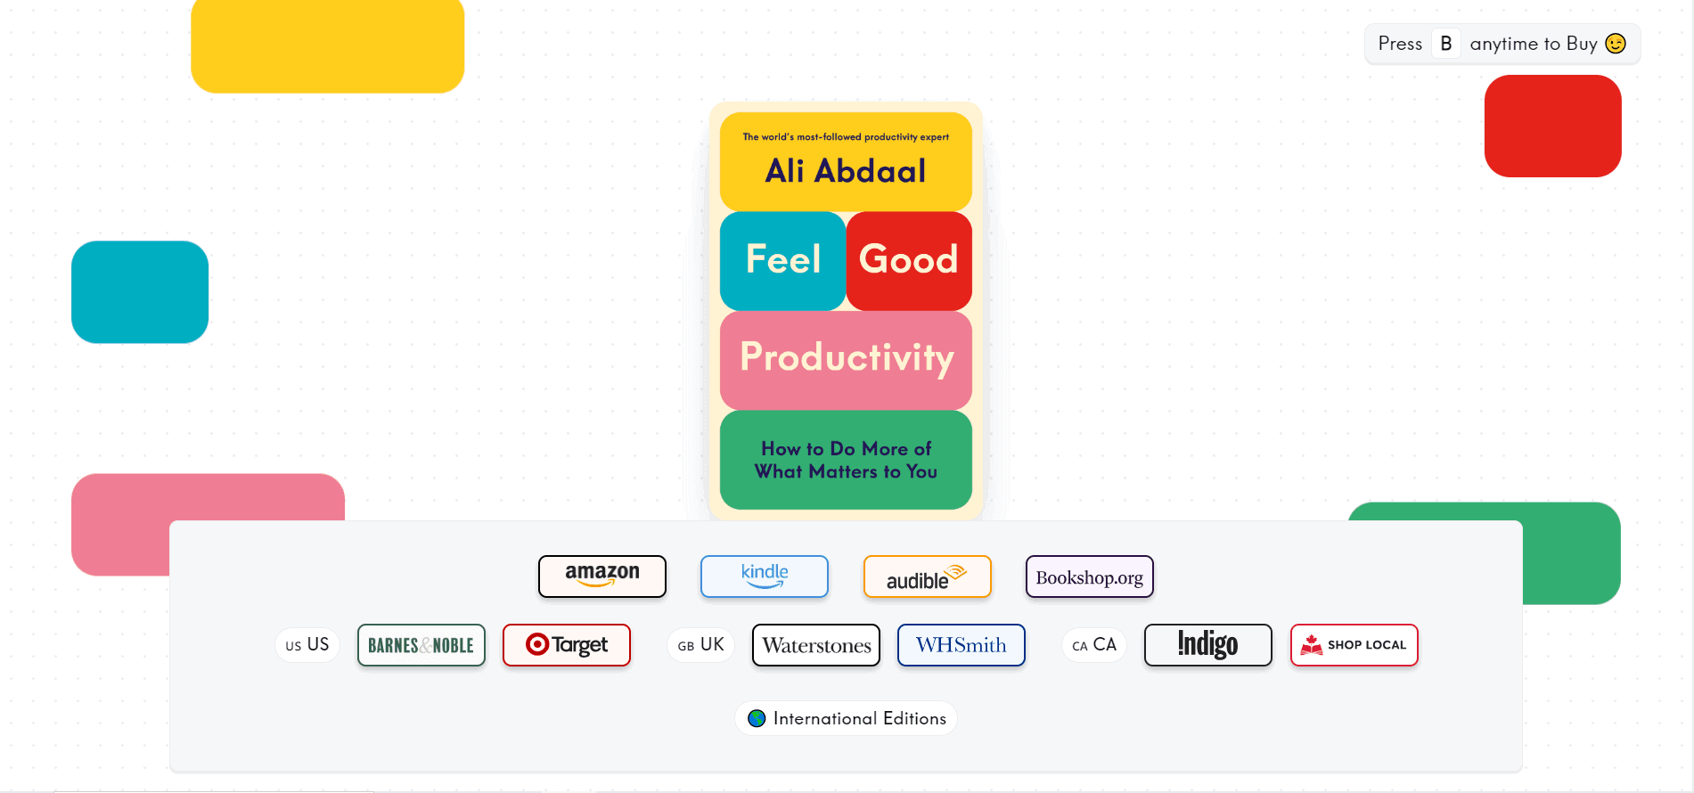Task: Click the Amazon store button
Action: (x=602, y=576)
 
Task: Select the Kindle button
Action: (x=765, y=576)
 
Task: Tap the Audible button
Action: (x=928, y=576)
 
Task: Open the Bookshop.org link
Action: (x=1090, y=576)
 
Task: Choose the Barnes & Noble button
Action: (x=421, y=645)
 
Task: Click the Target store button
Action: (x=567, y=645)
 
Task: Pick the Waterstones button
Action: (x=816, y=645)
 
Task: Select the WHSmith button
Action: (x=962, y=645)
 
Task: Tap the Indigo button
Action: (x=1208, y=645)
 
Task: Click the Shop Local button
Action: (x=1354, y=645)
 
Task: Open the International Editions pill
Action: (x=847, y=718)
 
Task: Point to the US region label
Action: (x=307, y=645)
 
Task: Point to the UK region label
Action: (x=701, y=645)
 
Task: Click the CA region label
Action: (x=1094, y=645)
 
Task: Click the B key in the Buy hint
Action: (x=1446, y=44)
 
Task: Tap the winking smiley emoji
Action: (x=1616, y=44)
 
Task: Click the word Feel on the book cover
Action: (x=783, y=259)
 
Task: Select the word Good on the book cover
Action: (x=909, y=259)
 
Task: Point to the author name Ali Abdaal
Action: (x=846, y=170)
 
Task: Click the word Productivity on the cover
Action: (x=847, y=358)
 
